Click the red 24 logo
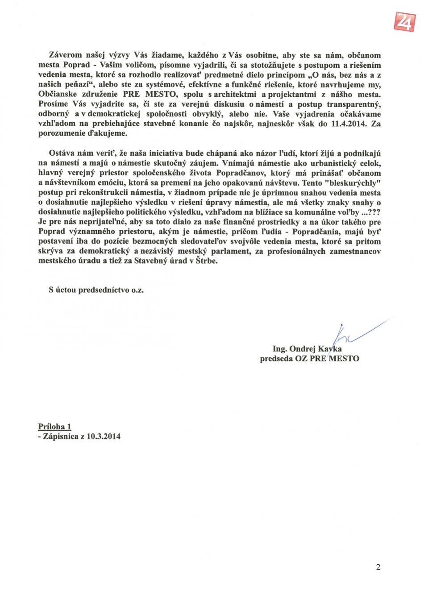point(404,21)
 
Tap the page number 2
point(378,567)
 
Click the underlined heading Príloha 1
point(54,427)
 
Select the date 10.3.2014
point(104,437)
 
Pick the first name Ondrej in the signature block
point(303,349)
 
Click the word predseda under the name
point(276,359)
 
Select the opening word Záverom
point(66,55)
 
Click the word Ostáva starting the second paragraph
point(62,153)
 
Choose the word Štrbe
point(206,261)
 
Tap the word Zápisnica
point(61,437)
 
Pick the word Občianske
point(58,95)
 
